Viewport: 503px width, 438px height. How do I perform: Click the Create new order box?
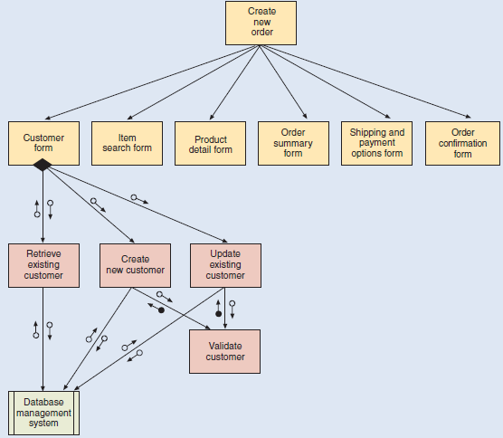(x=261, y=23)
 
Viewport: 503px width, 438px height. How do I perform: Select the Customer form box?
(x=43, y=142)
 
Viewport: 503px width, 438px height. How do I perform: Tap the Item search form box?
(x=127, y=142)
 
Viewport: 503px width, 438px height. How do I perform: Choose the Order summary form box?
(x=293, y=143)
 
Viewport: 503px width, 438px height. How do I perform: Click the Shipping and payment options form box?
(x=377, y=143)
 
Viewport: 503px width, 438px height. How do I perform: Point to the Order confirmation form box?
(x=462, y=143)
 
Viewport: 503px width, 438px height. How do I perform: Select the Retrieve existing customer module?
(x=44, y=265)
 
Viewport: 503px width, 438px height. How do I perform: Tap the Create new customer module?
(x=135, y=265)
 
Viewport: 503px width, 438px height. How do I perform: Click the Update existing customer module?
(x=225, y=265)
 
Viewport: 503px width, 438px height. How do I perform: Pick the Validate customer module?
(x=225, y=351)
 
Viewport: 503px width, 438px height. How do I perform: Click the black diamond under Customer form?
(x=43, y=166)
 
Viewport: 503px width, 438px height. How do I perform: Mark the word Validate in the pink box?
(x=225, y=346)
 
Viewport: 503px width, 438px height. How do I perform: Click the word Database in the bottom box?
(x=43, y=402)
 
